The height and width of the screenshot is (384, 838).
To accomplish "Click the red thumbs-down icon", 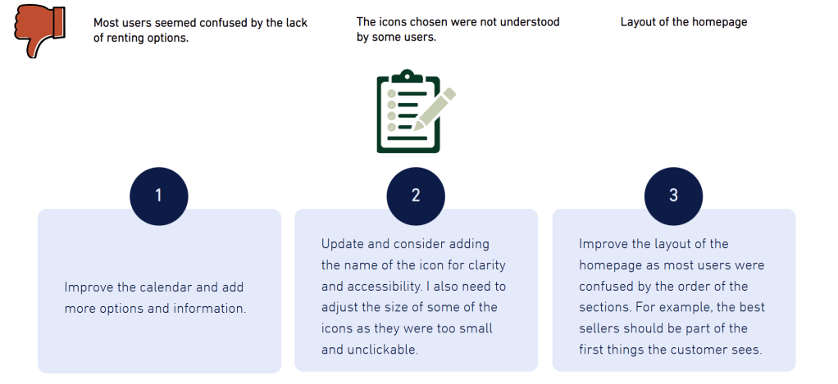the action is (38, 31).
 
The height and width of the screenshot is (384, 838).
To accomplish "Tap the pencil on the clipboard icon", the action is (435, 110).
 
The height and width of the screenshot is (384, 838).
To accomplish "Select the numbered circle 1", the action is (159, 197).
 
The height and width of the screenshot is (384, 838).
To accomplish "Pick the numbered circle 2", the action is (416, 197).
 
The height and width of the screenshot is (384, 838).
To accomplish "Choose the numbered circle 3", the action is (673, 197).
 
